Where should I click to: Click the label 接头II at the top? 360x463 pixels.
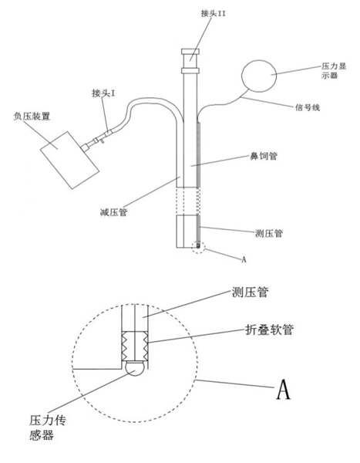[x=213, y=13]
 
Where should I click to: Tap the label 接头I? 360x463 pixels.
[x=103, y=93]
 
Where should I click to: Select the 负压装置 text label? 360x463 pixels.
[x=32, y=116]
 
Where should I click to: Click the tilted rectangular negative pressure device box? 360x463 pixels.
[x=69, y=160]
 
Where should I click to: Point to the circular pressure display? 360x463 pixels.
[x=259, y=76]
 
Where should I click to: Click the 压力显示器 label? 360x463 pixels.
[x=334, y=70]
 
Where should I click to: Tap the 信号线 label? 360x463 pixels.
[x=308, y=107]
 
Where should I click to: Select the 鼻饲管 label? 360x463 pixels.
[x=264, y=156]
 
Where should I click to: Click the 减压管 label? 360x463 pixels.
[x=113, y=211]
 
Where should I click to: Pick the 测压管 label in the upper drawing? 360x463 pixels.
[x=269, y=233]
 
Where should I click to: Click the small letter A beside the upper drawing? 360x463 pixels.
[x=244, y=259]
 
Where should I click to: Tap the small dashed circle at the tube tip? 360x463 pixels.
[x=198, y=246]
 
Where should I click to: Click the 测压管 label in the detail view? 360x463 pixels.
[x=250, y=292]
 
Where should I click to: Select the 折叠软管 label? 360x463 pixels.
[x=269, y=330]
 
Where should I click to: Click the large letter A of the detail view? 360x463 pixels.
[x=283, y=389]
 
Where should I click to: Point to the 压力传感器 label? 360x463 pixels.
[x=47, y=428]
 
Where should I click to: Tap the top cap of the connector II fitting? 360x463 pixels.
[x=190, y=52]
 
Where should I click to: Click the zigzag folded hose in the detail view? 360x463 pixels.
[x=135, y=346]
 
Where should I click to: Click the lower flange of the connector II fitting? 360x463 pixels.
[x=190, y=70]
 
